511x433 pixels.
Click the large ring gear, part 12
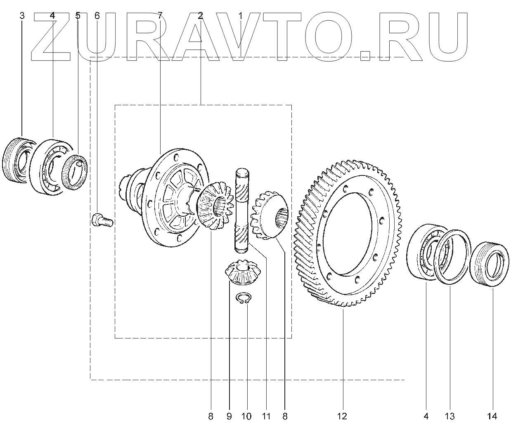pos(347,231)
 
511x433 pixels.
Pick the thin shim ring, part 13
pos(453,257)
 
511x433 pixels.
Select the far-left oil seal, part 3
pos(17,160)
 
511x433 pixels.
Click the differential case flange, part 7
pos(173,198)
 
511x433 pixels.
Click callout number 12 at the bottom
pos(342,416)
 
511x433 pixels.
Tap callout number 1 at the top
pos(241,16)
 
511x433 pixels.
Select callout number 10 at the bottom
pos(246,416)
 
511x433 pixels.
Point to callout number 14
pos(492,416)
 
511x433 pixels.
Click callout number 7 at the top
pos(160,16)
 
